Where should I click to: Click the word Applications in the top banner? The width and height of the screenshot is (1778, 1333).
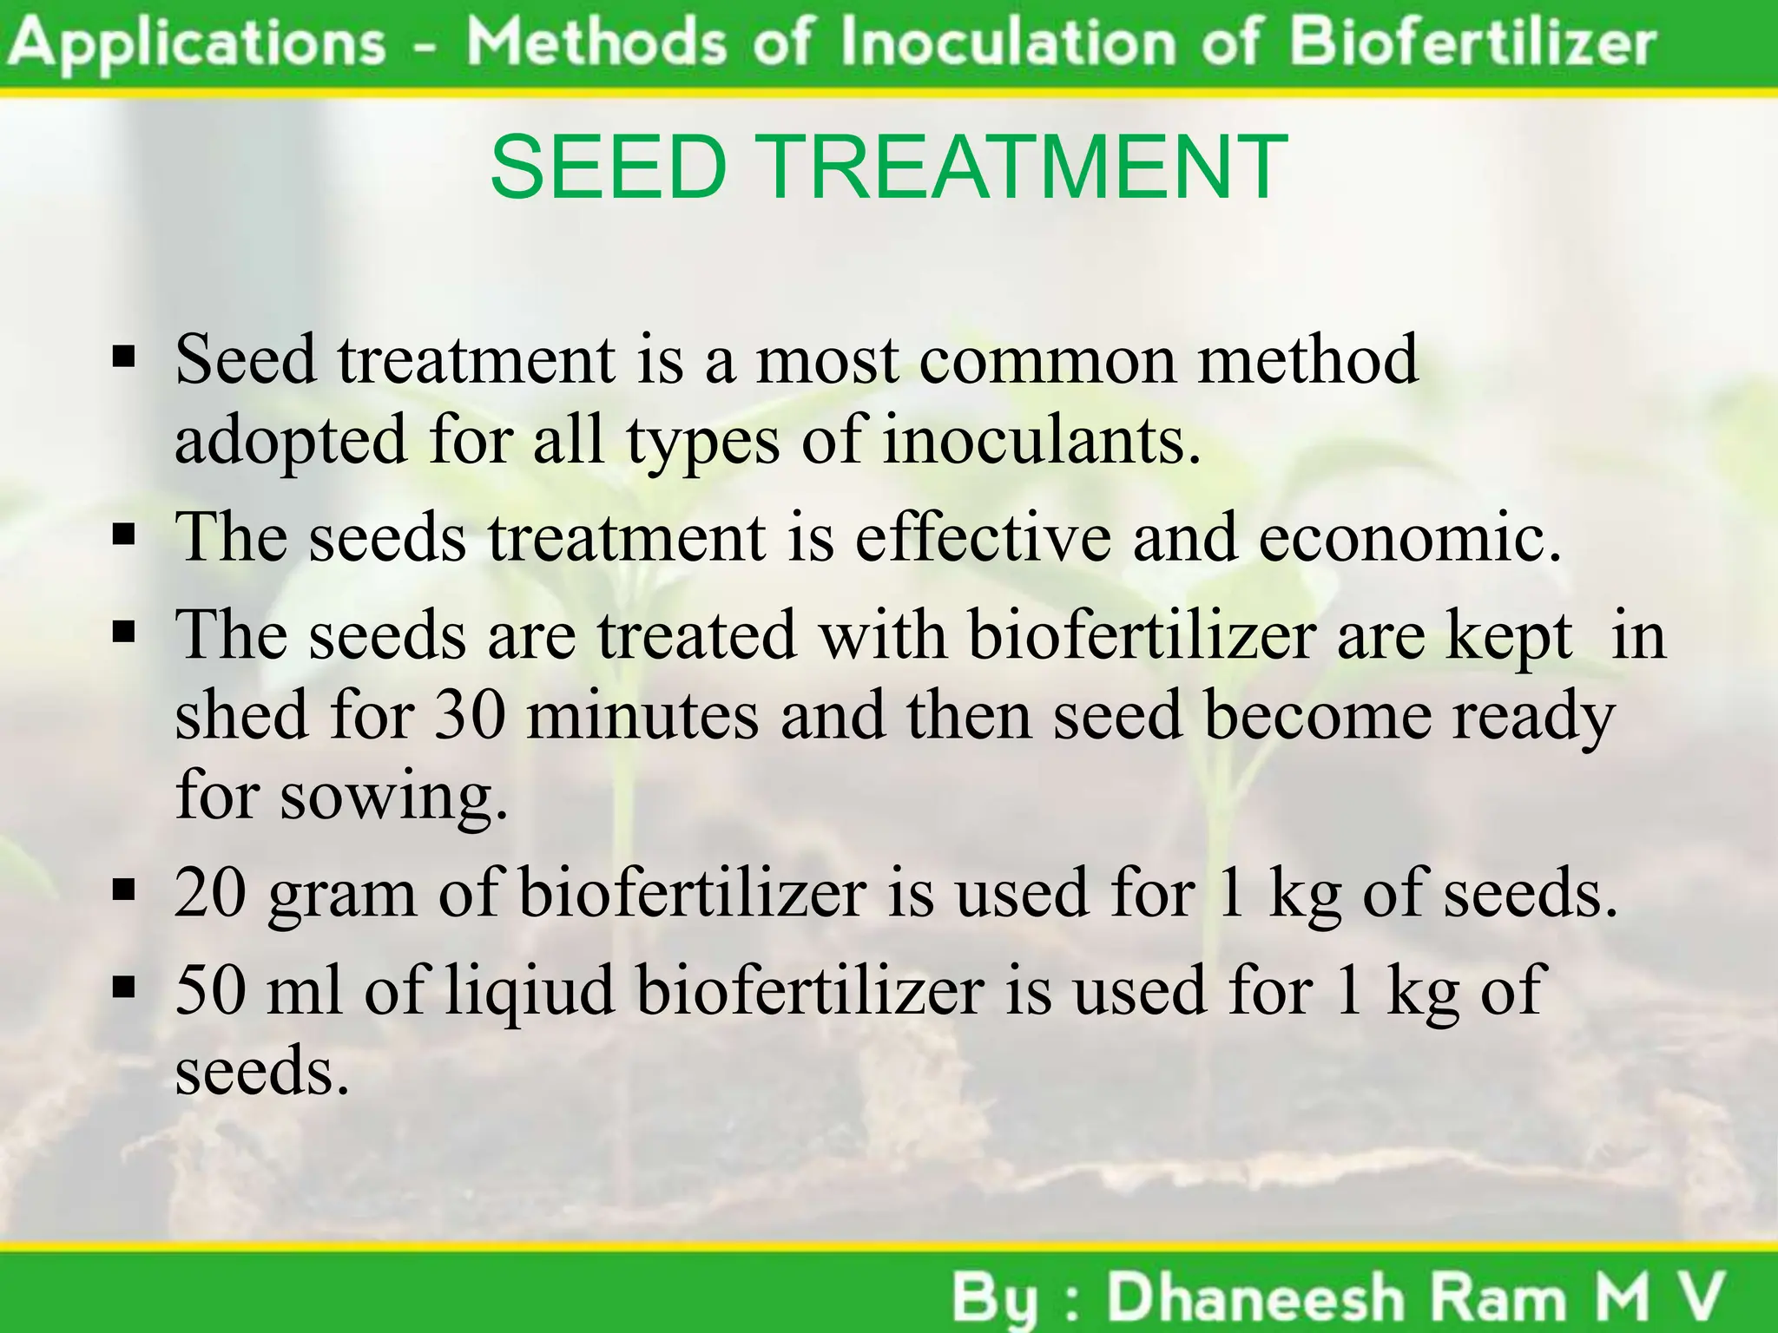point(200,43)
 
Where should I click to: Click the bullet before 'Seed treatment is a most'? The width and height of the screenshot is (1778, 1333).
point(124,357)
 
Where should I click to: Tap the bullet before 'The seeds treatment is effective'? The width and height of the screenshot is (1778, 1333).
point(124,535)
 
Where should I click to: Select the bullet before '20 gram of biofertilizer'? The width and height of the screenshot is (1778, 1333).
point(124,890)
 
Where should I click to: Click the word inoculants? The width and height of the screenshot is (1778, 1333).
point(1041,439)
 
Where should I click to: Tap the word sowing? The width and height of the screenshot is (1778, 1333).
point(392,797)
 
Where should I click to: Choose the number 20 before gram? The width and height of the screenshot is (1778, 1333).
point(211,891)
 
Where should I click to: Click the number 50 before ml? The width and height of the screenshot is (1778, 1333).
point(211,989)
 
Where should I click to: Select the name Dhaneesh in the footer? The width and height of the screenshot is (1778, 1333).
point(1255,1298)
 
